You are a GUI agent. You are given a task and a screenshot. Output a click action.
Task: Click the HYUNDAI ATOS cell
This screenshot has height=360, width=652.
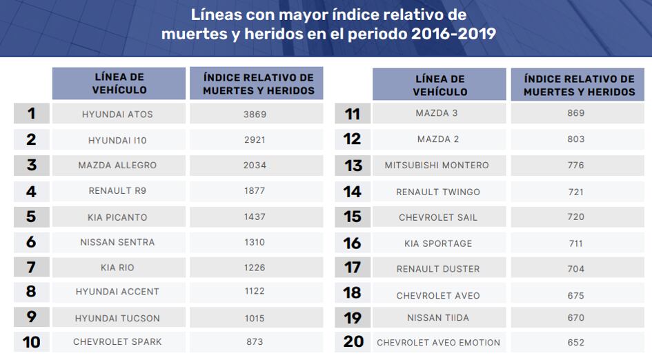point(117,114)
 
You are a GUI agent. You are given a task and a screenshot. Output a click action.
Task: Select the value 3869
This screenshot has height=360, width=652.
point(255,114)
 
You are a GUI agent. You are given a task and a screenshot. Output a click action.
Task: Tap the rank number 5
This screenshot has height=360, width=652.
point(31,217)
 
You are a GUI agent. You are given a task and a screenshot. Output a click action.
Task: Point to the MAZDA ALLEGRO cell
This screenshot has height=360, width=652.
point(117,166)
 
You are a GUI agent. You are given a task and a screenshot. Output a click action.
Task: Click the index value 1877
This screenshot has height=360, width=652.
point(255,191)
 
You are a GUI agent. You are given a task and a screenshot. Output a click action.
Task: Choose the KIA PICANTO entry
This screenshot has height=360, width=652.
point(117,217)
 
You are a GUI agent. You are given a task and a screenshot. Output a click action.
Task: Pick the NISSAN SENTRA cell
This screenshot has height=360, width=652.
point(117,242)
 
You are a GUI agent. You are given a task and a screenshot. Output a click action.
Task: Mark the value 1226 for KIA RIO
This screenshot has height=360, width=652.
point(255,267)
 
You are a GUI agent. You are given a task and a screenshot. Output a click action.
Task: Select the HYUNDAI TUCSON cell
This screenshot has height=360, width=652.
point(117,319)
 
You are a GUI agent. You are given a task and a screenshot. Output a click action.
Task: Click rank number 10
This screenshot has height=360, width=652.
point(31,342)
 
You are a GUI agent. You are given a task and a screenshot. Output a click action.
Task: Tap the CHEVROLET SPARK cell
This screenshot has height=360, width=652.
point(117,342)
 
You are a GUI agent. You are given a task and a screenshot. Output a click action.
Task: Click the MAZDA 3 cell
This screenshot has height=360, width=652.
point(437,113)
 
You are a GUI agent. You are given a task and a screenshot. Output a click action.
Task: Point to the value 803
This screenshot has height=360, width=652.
point(575,139)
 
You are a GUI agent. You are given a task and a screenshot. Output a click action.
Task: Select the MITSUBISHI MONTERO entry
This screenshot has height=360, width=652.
point(437,166)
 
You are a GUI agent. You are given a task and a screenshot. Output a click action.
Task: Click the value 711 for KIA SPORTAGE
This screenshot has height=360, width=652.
point(575,243)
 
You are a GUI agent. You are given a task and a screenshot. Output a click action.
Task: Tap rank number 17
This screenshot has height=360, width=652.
point(353,268)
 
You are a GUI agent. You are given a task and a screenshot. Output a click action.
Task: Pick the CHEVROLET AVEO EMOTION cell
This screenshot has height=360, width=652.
point(439,343)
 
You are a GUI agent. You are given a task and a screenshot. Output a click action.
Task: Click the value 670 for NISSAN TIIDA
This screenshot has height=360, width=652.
point(575,318)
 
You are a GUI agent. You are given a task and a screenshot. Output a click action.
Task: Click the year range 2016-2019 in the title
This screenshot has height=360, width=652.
point(453,34)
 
